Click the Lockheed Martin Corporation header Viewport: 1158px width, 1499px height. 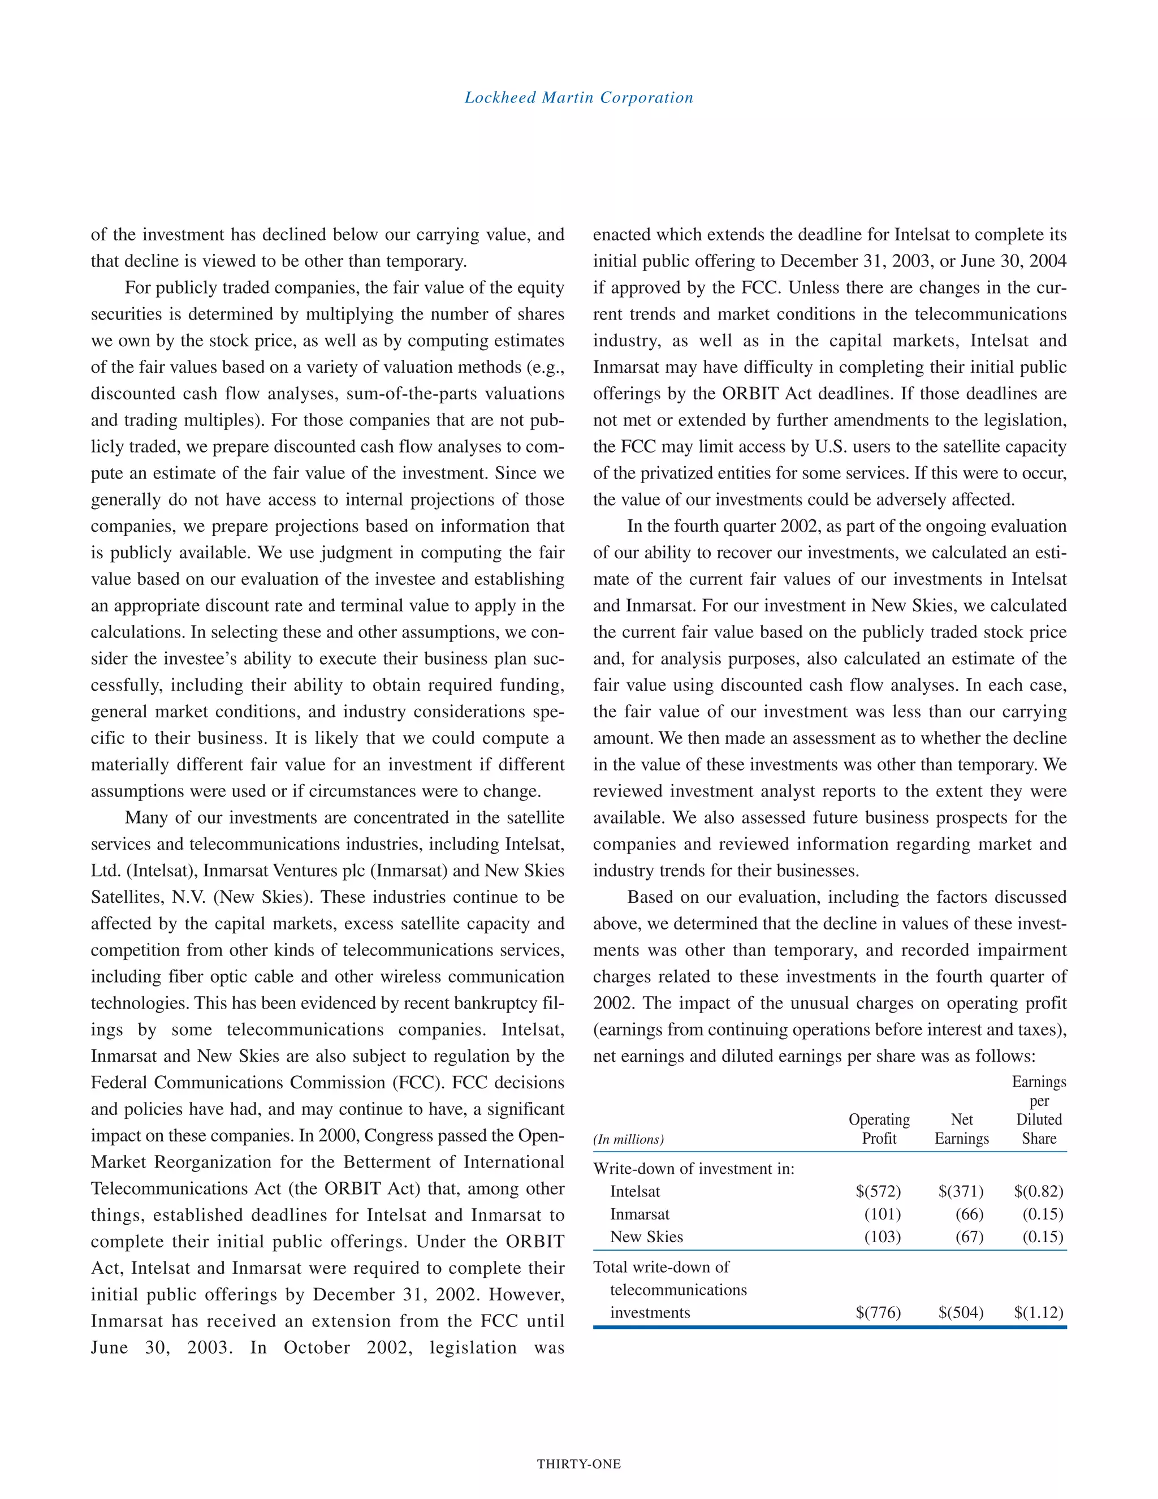[578, 97]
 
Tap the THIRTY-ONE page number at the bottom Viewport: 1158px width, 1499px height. [578, 1464]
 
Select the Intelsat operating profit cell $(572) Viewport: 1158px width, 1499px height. [878, 1191]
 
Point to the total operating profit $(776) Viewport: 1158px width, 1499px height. [878, 1312]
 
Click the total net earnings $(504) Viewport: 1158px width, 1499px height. [961, 1312]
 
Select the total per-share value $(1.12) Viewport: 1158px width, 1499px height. [1038, 1312]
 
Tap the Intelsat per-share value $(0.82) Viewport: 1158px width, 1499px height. [1038, 1191]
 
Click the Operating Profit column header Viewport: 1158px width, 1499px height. [879, 1129]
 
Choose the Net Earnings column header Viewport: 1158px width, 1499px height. [961, 1129]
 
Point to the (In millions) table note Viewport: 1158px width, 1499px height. [628, 1139]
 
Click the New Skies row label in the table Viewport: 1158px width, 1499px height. [646, 1237]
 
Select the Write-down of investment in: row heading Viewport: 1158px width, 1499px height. [694, 1169]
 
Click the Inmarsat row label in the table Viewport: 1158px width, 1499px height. [640, 1214]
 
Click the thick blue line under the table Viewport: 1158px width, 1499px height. [829, 1328]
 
